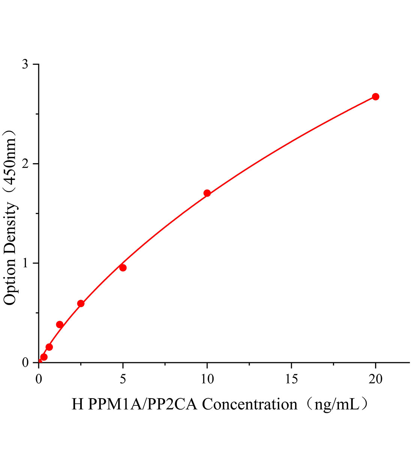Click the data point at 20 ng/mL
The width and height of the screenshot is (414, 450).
pyautogui.click(x=375, y=97)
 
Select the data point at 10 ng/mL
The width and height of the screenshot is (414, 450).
pyautogui.click(x=207, y=193)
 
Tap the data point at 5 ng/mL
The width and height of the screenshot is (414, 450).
pyautogui.click(x=123, y=267)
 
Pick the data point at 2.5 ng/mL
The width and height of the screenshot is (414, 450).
pyautogui.click(x=81, y=303)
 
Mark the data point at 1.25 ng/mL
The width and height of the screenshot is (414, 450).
pyautogui.click(x=60, y=324)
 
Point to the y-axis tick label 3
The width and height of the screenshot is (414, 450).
pyautogui.click(x=25, y=64)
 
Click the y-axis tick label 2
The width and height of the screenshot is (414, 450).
pyautogui.click(x=25, y=164)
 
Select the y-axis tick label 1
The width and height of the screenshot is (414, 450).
pyautogui.click(x=25, y=263)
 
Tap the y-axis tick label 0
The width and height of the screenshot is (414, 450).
pyautogui.click(x=25, y=363)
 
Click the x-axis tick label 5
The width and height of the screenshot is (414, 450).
pyautogui.click(x=123, y=379)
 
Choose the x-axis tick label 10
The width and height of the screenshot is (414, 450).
pyautogui.click(x=207, y=379)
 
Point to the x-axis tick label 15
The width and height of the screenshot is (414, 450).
pyautogui.click(x=291, y=379)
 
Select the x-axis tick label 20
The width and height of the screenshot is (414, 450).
pyautogui.click(x=375, y=379)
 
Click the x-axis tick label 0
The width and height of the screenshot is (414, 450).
pyautogui.click(x=39, y=379)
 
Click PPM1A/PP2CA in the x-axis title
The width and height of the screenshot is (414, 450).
pyautogui.click(x=143, y=405)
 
